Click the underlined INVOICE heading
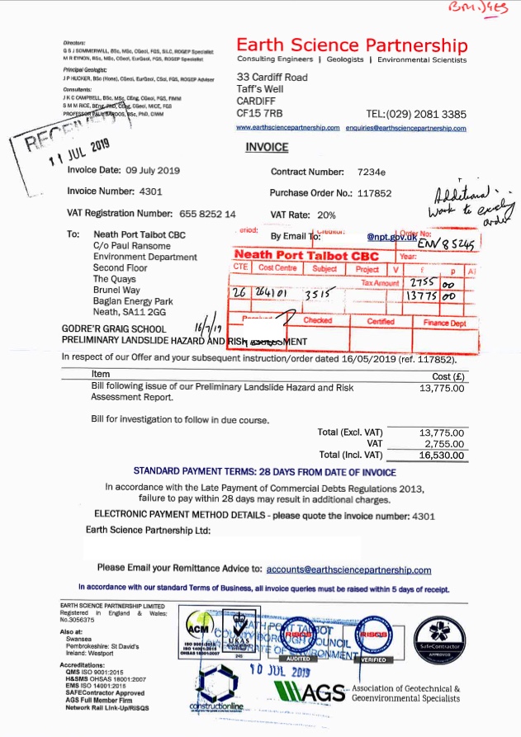267,148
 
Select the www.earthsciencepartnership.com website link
288,129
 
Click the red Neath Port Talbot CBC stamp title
306,256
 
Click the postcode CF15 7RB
260,112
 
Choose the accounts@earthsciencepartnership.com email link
349,569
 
